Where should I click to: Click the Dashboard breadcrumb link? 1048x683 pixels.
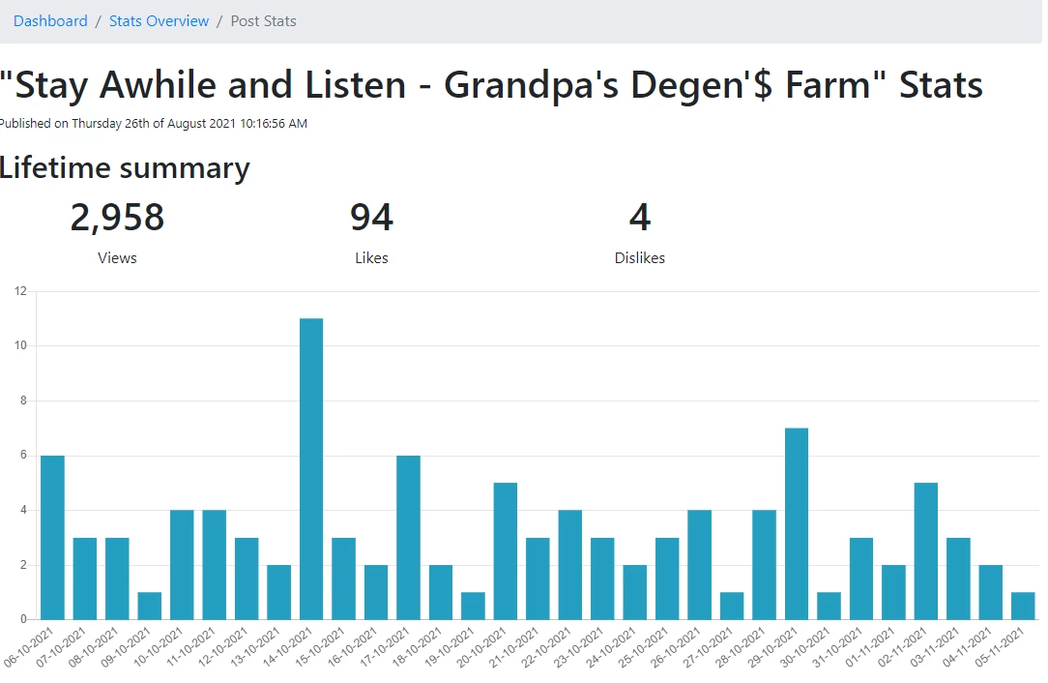click(x=50, y=20)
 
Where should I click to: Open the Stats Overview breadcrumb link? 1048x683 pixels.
click(x=160, y=20)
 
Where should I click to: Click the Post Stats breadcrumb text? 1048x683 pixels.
click(x=263, y=20)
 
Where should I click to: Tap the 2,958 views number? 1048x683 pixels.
click(x=117, y=218)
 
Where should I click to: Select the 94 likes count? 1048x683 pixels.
click(x=371, y=218)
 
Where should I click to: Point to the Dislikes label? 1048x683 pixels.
click(x=640, y=257)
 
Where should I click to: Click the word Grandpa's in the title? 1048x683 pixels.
click(x=532, y=86)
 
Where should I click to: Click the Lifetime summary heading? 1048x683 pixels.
click(x=125, y=167)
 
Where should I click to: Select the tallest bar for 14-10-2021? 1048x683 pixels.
click(x=311, y=469)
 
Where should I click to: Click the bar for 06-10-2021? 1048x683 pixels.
click(x=53, y=537)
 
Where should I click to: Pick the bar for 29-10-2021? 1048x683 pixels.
click(x=797, y=523)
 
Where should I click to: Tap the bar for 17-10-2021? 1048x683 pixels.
click(x=408, y=537)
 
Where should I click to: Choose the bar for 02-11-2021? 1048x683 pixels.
click(x=925, y=551)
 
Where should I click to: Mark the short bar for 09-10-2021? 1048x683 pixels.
click(x=150, y=606)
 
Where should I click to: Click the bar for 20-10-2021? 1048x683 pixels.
click(x=506, y=551)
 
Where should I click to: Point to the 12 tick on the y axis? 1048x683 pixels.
click(x=20, y=291)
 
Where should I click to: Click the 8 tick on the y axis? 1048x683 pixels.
click(x=23, y=401)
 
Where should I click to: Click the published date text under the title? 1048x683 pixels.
click(x=153, y=124)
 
